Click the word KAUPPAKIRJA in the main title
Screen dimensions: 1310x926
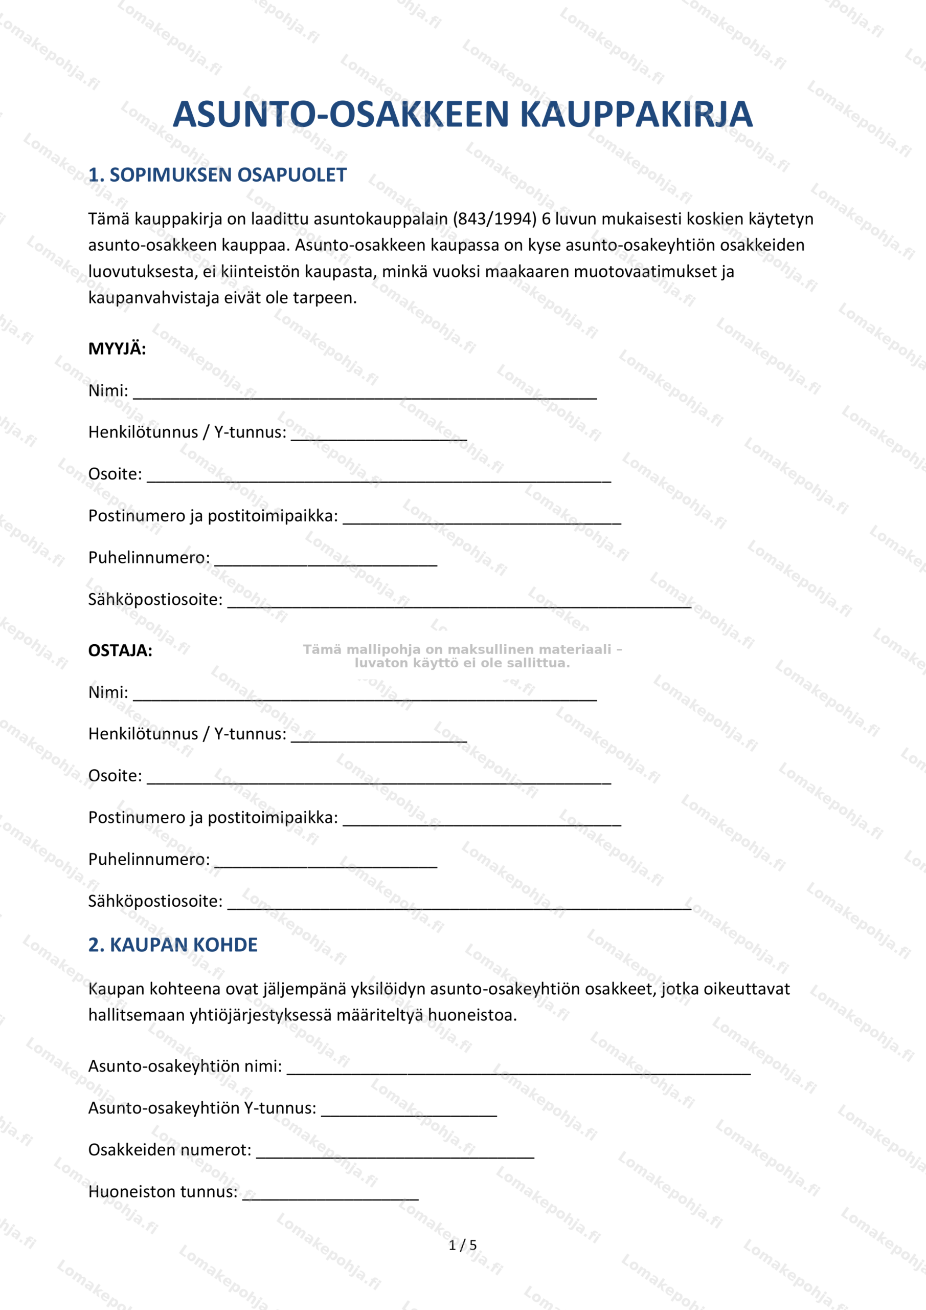(636, 115)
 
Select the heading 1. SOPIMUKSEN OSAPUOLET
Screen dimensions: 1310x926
(217, 175)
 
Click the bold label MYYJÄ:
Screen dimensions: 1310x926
(117, 348)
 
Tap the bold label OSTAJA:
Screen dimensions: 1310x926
(120, 650)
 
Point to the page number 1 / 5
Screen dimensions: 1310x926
(462, 1245)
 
